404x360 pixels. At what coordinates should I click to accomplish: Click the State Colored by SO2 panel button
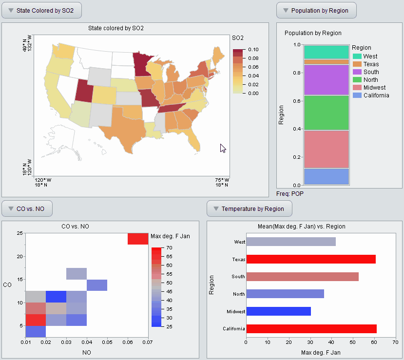(x=41, y=10)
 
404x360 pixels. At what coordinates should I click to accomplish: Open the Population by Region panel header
(x=316, y=10)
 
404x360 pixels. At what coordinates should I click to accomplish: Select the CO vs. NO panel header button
(x=27, y=209)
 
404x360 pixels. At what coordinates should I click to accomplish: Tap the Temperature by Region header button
(x=249, y=209)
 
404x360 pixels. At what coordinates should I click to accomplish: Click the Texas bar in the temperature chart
(x=311, y=259)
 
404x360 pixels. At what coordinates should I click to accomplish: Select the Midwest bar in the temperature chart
(x=278, y=311)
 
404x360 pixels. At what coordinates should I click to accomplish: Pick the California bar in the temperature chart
(x=311, y=329)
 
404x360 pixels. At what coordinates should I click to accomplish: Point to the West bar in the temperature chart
(x=291, y=242)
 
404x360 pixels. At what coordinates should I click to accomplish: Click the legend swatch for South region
(x=357, y=72)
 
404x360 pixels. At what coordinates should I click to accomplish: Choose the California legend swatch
(x=357, y=95)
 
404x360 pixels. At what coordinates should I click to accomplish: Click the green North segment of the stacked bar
(x=326, y=113)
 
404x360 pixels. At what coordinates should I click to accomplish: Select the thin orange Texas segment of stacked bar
(x=326, y=62)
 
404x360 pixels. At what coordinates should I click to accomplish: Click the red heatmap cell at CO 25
(x=137, y=239)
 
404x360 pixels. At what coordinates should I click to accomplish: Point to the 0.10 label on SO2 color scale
(x=253, y=50)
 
